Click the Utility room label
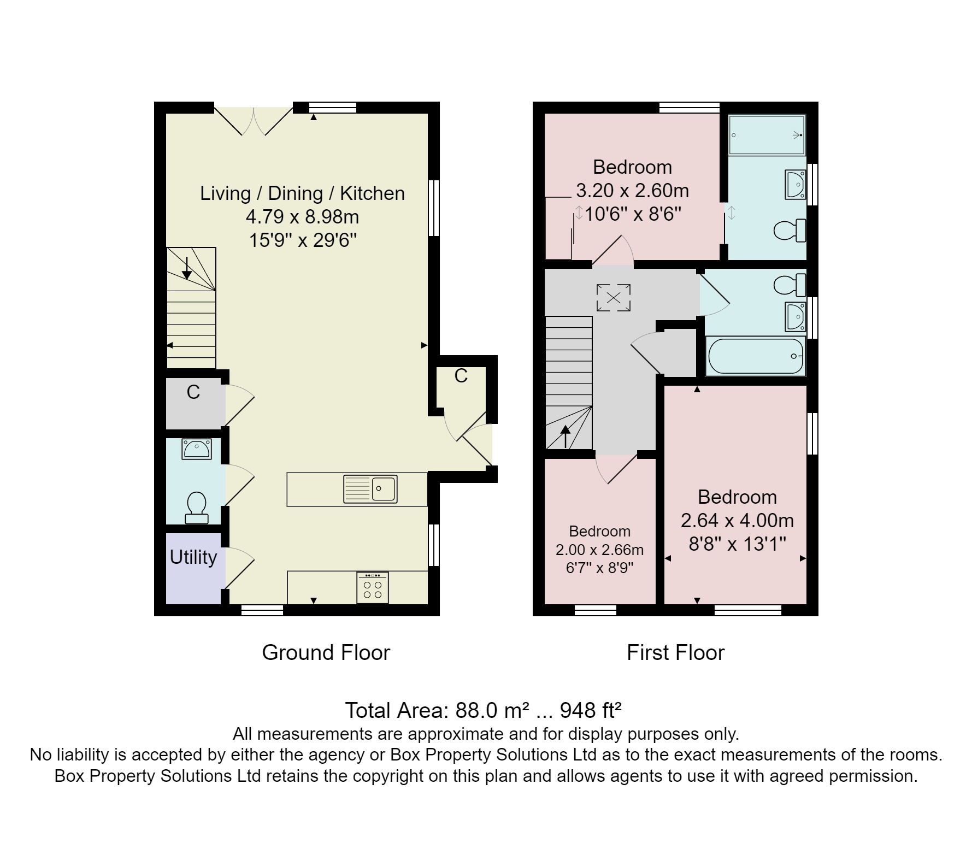pos(193,557)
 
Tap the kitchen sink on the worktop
pos(370,489)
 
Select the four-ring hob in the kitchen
pos(373,588)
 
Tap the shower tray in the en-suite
pos(767,135)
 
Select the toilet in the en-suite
pos(790,230)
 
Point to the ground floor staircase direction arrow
pos(187,268)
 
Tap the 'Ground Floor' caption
pos(326,653)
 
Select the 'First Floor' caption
pos(675,653)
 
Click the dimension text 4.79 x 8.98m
pos(302,217)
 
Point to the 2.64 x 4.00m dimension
pos(737,521)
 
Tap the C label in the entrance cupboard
pos(461,376)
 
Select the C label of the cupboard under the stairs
pos(193,392)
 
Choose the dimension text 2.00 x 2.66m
pos(599,550)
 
